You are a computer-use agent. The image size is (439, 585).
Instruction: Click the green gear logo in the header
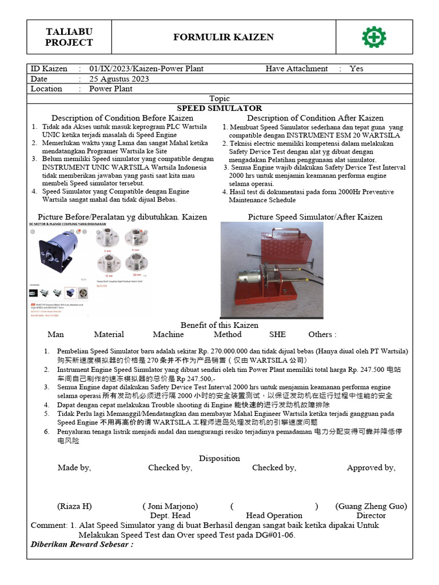(x=374, y=37)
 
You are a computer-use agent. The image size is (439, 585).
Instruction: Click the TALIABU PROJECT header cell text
(x=69, y=37)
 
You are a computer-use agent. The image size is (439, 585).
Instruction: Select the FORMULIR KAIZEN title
(x=224, y=37)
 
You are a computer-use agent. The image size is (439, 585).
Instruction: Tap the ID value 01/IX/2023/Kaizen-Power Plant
(x=146, y=69)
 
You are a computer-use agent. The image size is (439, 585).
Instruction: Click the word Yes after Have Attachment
(x=356, y=69)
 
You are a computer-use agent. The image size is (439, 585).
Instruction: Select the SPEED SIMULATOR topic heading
(x=219, y=108)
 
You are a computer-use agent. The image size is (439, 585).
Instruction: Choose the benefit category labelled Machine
(x=168, y=334)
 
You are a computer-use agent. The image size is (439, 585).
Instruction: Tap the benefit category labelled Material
(x=109, y=334)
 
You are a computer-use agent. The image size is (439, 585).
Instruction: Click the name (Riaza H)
(x=74, y=506)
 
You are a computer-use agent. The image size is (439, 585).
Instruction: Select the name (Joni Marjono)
(x=170, y=506)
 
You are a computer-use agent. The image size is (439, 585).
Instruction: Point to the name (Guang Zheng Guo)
(x=371, y=506)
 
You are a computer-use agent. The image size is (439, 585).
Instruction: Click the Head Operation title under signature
(x=274, y=515)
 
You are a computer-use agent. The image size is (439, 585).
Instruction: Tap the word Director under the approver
(x=371, y=515)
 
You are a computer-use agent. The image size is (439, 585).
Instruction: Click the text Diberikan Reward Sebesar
(x=81, y=544)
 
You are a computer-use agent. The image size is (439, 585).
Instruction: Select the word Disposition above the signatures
(x=219, y=458)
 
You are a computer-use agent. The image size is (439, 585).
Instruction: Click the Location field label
(x=46, y=89)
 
